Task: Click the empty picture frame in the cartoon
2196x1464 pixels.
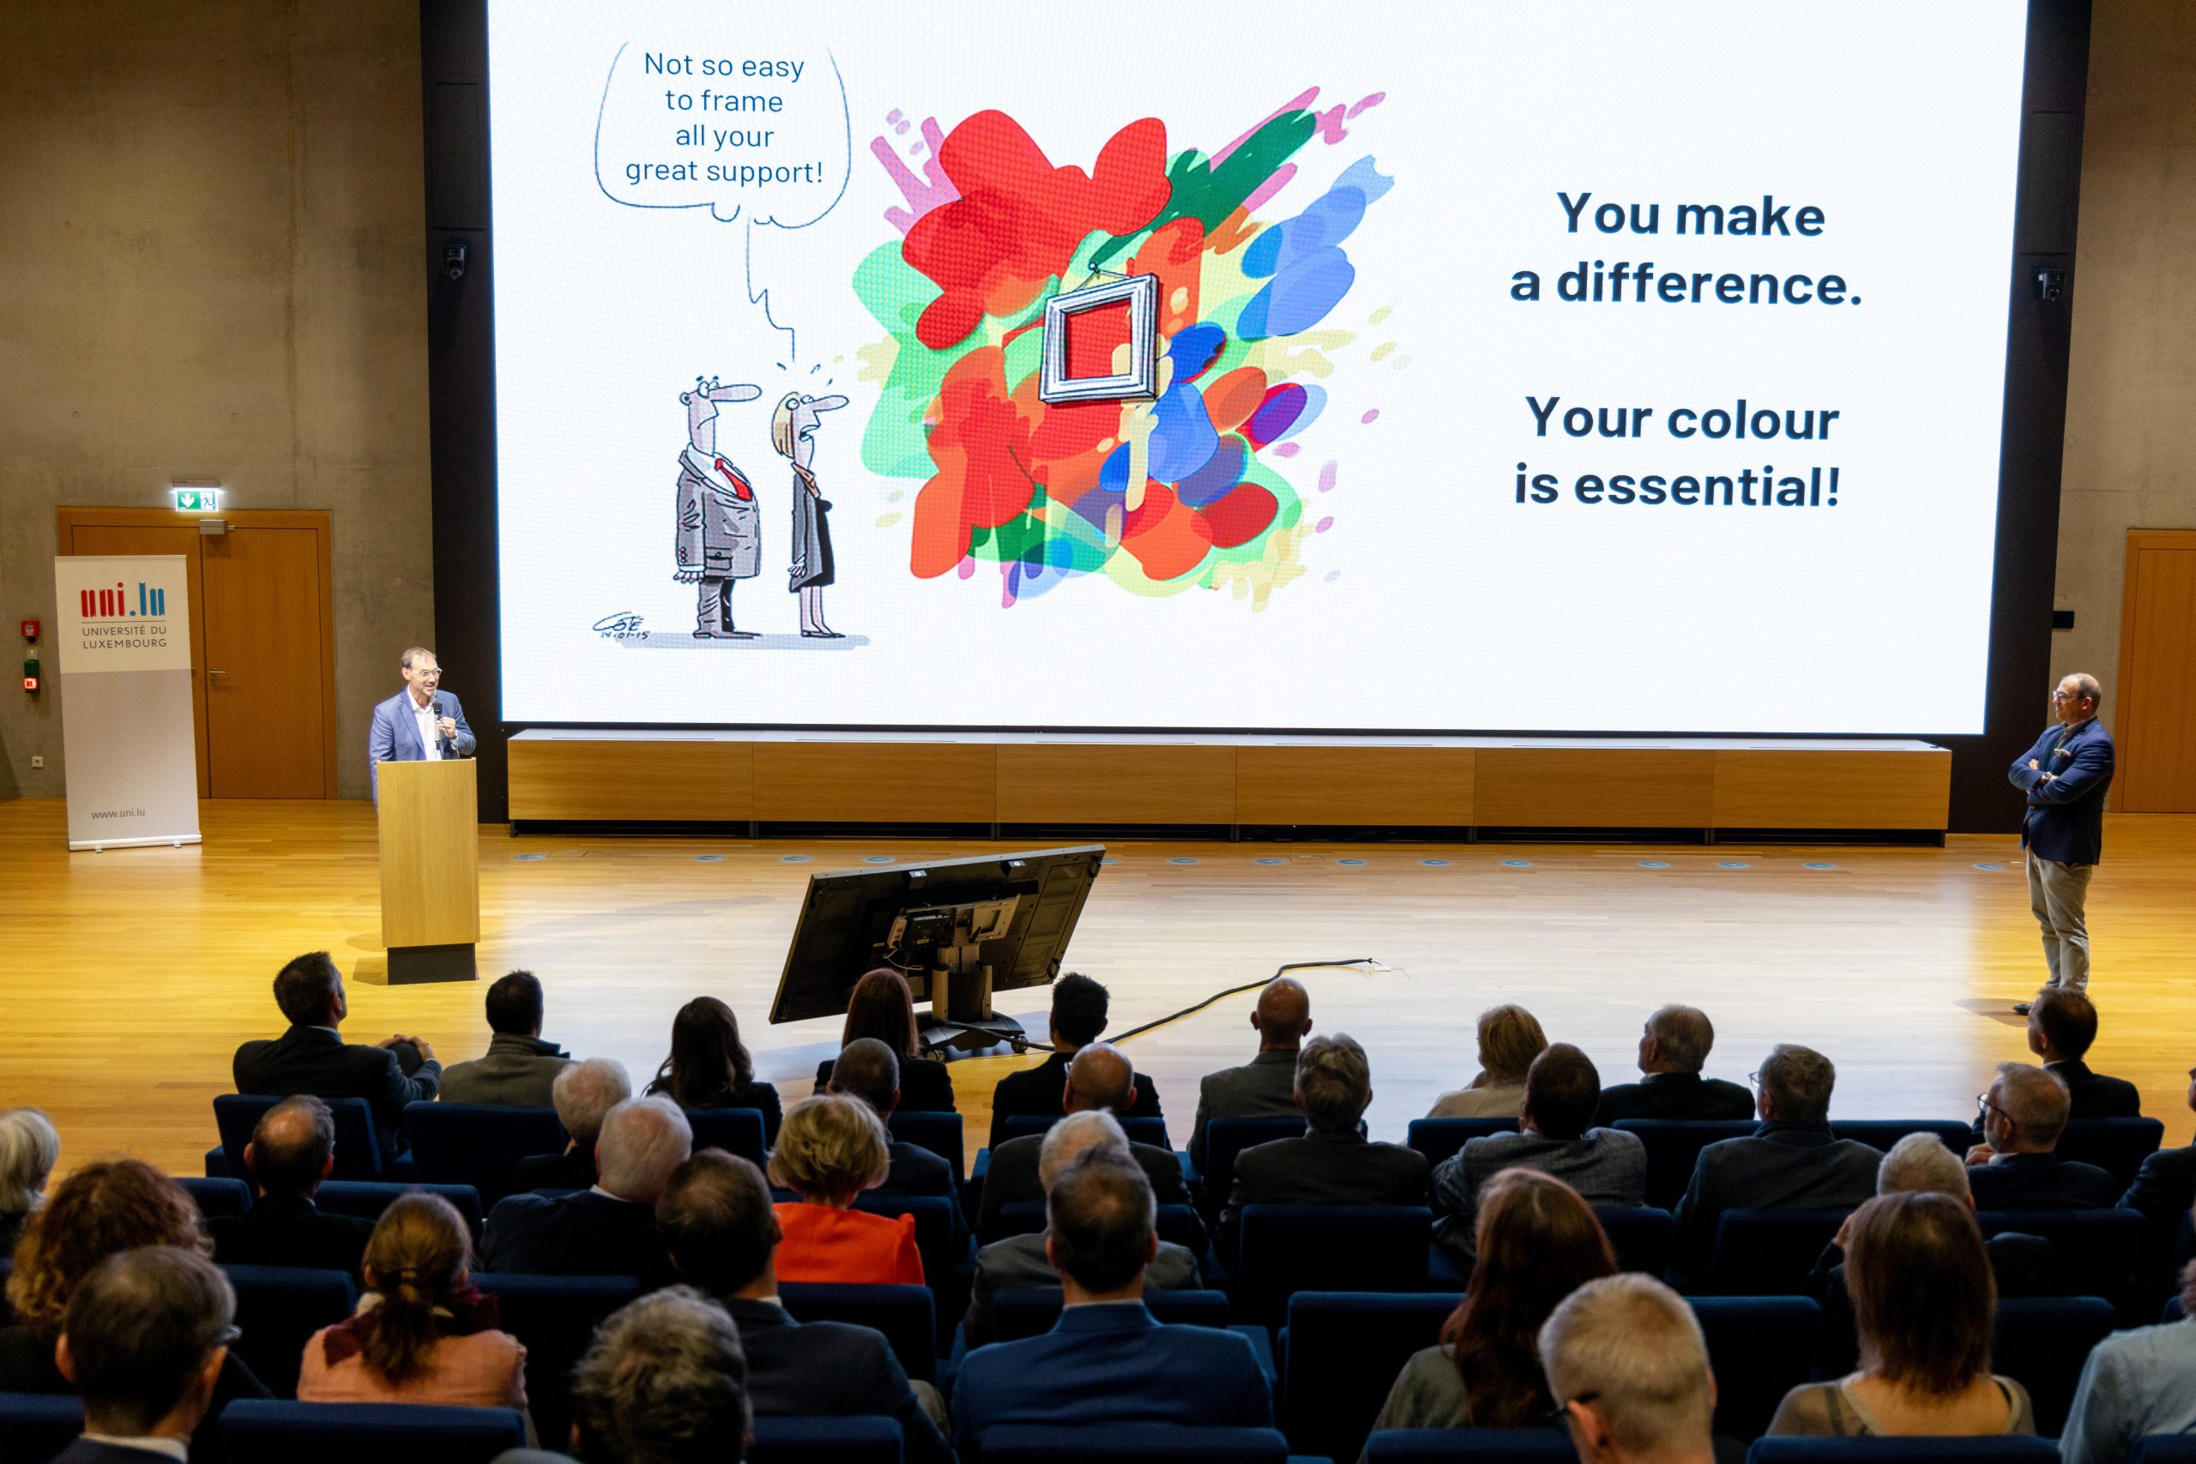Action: pyautogui.click(x=1099, y=338)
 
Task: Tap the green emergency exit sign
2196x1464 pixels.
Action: pyautogui.click(x=197, y=499)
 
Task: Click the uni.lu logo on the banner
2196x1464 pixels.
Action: pyautogui.click(x=124, y=600)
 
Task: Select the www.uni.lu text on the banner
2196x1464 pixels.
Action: pyautogui.click(x=118, y=813)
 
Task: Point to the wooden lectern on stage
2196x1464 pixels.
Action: pyautogui.click(x=429, y=868)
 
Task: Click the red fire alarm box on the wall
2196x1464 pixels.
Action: pyautogui.click(x=30, y=628)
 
